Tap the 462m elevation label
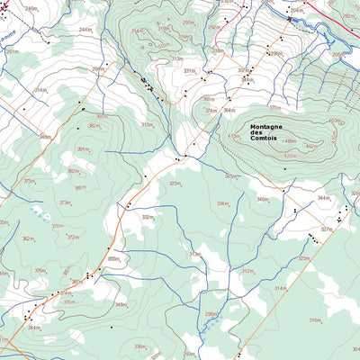[312, 146]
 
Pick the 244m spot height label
[85, 30]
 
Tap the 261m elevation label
[12, 51]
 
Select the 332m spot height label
[147, 217]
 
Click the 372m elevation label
[72, 238]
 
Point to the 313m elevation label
[194, 255]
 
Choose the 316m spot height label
[315, 320]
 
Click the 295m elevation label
[211, 314]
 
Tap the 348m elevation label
[120, 305]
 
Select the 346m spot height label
[262, 199]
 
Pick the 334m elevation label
[220, 203]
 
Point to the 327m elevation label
[326, 229]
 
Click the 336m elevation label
[139, 346]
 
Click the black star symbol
[289, 18]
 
